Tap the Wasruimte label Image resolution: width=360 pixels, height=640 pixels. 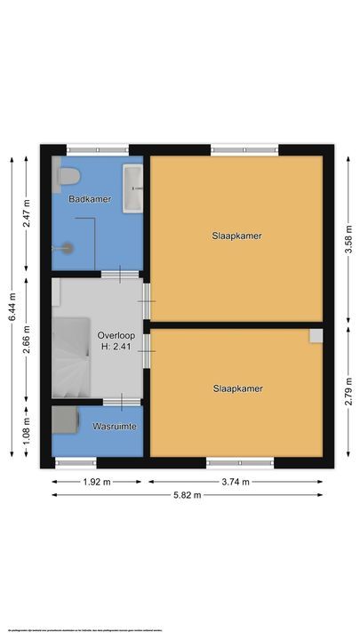[115, 428]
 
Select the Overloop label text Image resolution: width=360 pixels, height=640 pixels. [116, 334]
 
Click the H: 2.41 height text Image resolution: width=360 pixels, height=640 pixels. [116, 348]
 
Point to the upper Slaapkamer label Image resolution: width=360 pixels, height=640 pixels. [237, 236]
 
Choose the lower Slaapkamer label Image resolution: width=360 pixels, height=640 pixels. [237, 388]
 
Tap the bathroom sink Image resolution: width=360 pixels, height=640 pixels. [134, 188]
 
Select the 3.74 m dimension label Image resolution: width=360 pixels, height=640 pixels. [236, 483]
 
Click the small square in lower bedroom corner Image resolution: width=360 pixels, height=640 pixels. [316, 335]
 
